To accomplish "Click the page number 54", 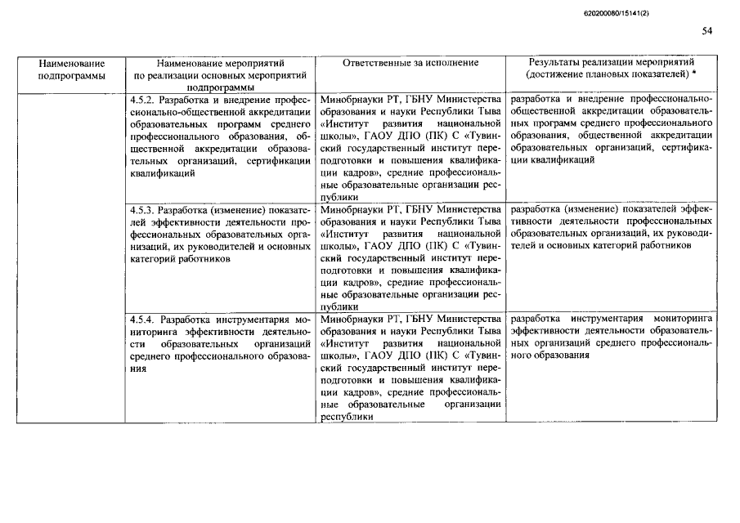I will tap(706, 31).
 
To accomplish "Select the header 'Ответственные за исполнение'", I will tap(410, 63).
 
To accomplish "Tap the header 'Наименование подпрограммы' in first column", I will tap(72, 69).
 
